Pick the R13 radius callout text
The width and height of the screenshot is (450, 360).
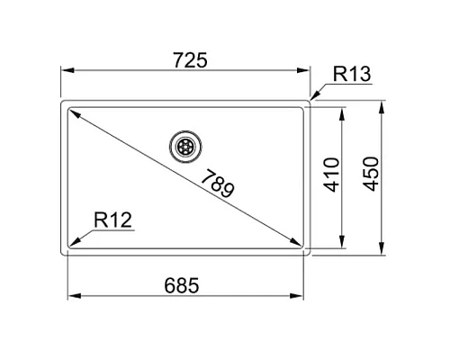[350, 75]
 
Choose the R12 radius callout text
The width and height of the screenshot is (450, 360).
[112, 218]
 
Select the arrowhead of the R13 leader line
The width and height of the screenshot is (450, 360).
[313, 96]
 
